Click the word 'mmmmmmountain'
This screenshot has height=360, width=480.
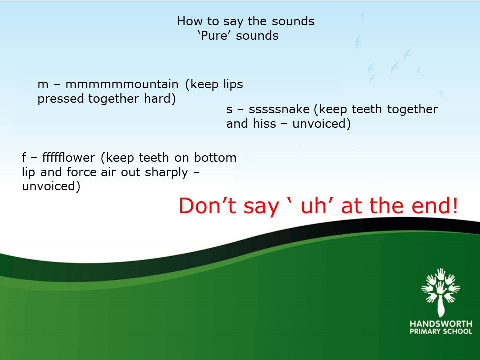pyautogui.click(x=122, y=84)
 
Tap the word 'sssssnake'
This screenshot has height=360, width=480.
pyautogui.click(x=279, y=109)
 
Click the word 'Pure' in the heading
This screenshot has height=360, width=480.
pyautogui.click(x=214, y=36)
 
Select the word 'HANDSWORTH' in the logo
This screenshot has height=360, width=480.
pyautogui.click(x=441, y=324)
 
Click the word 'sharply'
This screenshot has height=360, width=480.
pyautogui.click(x=166, y=172)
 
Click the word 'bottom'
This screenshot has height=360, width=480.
pyautogui.click(x=215, y=157)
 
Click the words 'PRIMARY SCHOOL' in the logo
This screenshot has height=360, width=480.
pyautogui.click(x=441, y=331)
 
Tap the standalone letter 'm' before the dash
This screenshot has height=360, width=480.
pyautogui.click(x=43, y=85)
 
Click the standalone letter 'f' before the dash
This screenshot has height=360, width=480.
pyautogui.click(x=24, y=157)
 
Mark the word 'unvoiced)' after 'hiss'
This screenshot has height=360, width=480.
pyautogui.click(x=321, y=124)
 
